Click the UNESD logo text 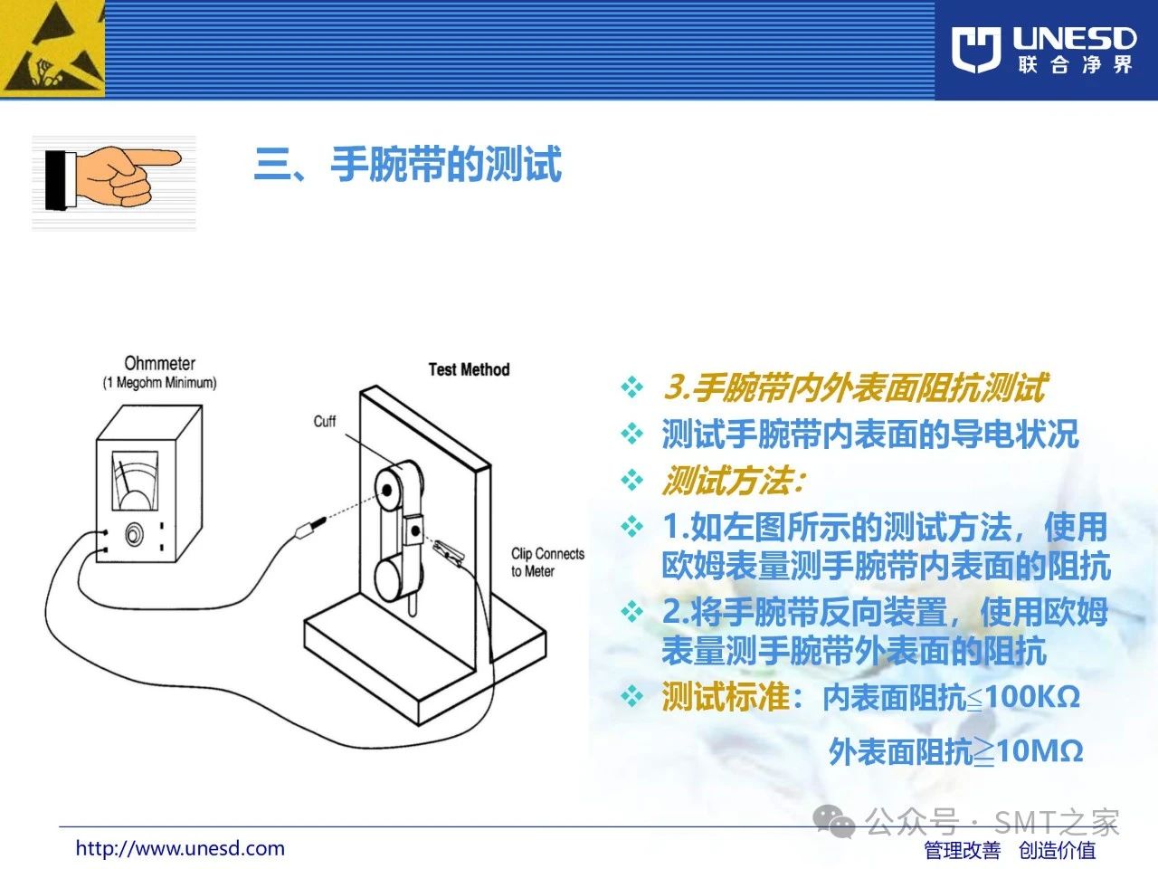point(1074,39)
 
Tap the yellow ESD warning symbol point(52,49)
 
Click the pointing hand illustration point(113,177)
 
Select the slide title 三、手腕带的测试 point(408,164)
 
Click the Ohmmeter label point(159,363)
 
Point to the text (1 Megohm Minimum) point(159,383)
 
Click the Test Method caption point(469,369)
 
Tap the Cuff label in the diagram point(325,421)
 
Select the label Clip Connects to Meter point(547,562)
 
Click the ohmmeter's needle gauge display point(135,481)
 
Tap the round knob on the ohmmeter point(134,535)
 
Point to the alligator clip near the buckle point(449,552)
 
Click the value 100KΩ point(1033,697)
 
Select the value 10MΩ point(1039,750)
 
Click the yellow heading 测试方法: point(734,481)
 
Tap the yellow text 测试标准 point(726,696)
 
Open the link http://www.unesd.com point(180,848)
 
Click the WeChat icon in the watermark point(833,822)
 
